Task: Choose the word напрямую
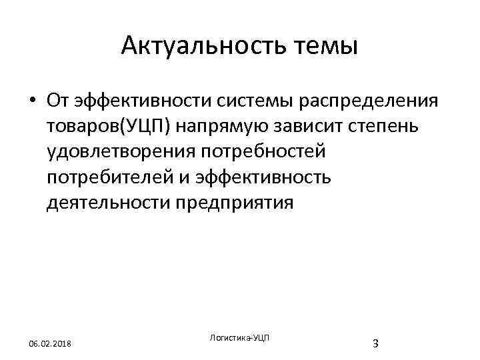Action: [210, 126]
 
